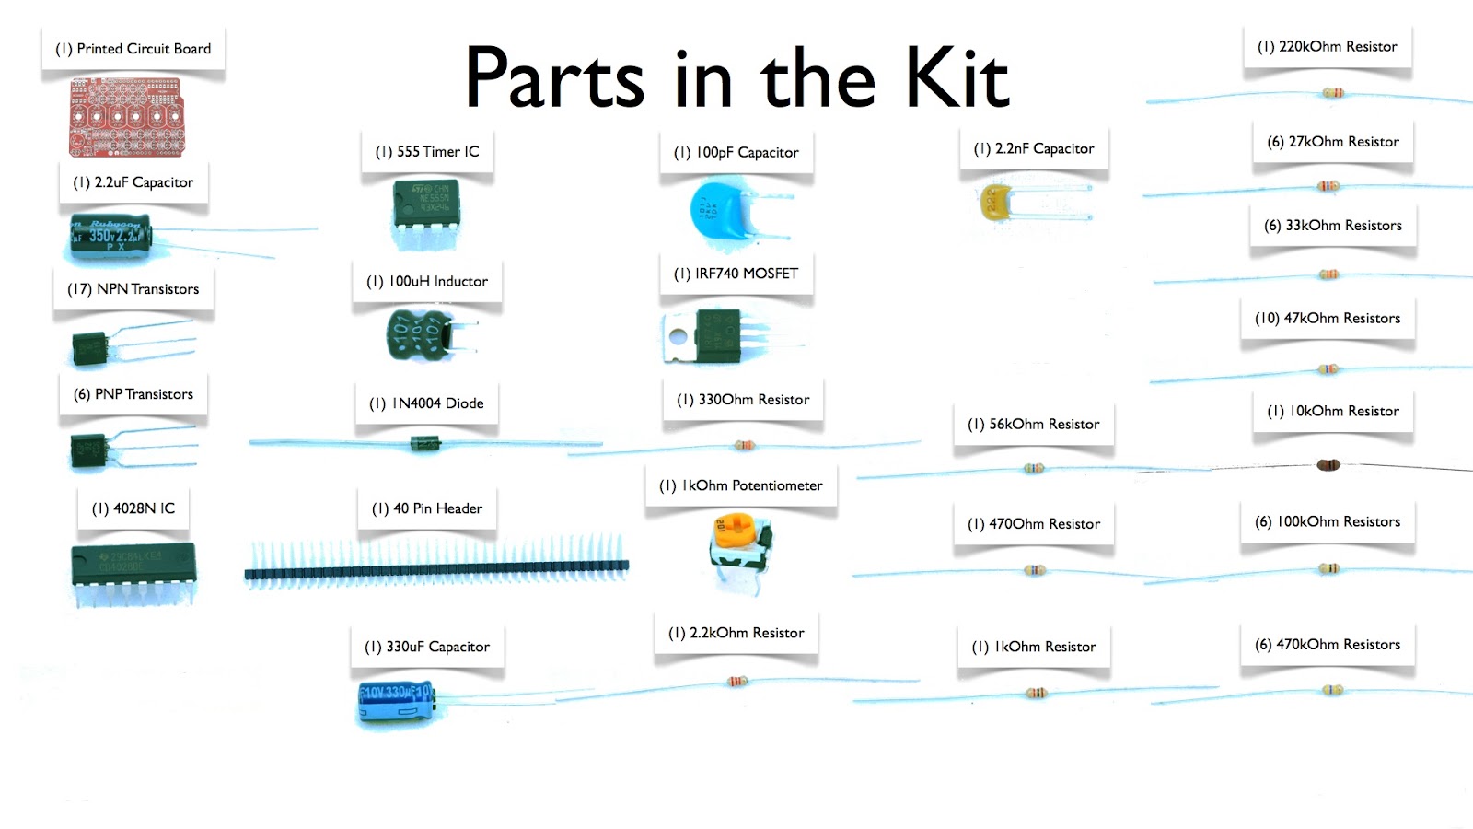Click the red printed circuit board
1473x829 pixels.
(127, 117)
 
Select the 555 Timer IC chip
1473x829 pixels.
(426, 204)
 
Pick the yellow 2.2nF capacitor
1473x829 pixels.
(994, 202)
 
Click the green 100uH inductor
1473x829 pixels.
(420, 335)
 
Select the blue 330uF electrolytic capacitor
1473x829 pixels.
(395, 702)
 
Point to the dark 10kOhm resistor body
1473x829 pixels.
(1328, 465)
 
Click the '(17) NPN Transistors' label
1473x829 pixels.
(133, 289)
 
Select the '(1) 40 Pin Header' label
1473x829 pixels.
(427, 508)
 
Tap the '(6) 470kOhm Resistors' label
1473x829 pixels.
(1328, 645)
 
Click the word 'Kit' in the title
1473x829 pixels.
(957, 77)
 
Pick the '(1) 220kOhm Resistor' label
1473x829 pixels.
(1327, 47)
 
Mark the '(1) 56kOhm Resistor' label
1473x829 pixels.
(1033, 425)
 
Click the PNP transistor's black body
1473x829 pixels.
(90, 450)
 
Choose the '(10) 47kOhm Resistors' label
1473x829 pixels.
(1327, 319)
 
